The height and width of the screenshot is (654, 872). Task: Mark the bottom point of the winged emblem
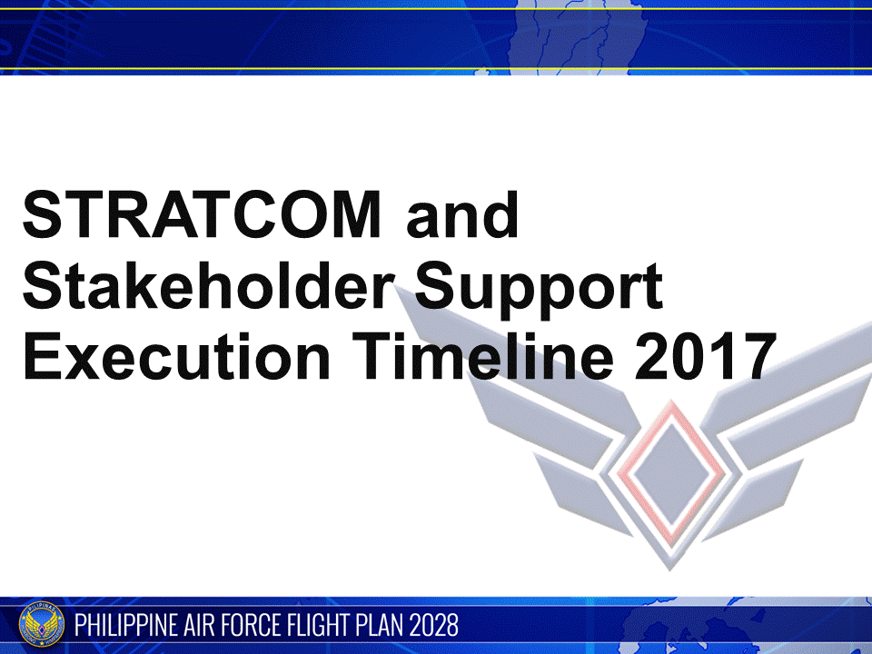[x=672, y=569]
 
